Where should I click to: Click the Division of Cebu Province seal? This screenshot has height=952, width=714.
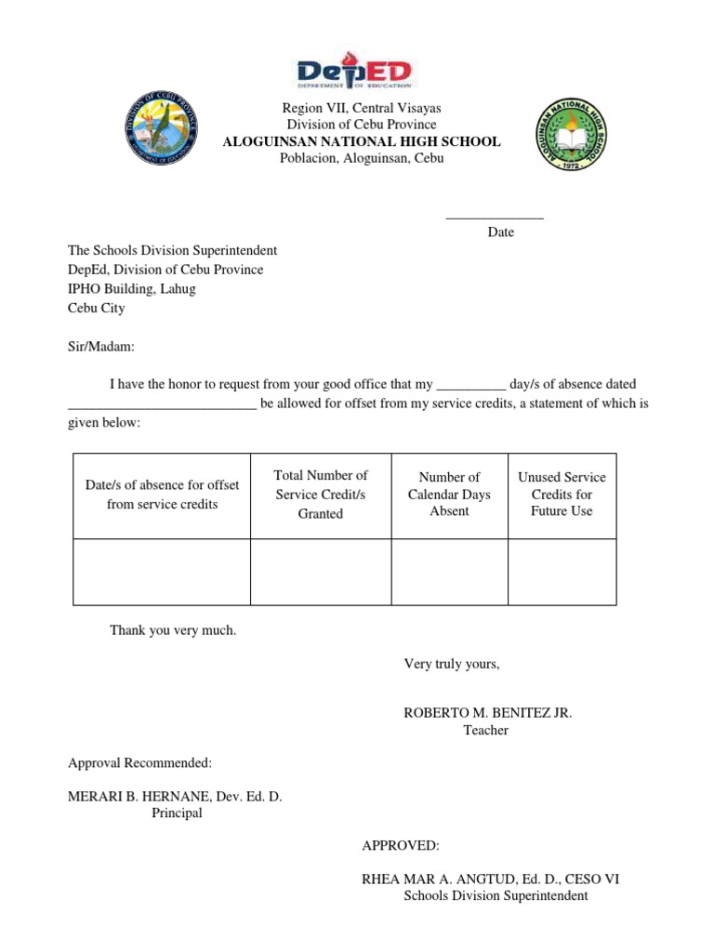(162, 128)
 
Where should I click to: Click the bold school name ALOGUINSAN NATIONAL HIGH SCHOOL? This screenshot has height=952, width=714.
(362, 141)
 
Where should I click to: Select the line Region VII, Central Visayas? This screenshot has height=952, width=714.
(362, 108)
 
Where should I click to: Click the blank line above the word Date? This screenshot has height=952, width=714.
(495, 218)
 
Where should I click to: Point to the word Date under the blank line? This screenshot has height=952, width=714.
(500, 232)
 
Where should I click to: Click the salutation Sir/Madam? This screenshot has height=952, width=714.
(101, 347)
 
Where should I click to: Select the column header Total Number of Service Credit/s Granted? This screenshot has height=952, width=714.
(321, 495)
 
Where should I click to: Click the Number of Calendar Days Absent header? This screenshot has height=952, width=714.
(449, 495)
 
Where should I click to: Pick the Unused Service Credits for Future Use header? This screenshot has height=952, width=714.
(562, 495)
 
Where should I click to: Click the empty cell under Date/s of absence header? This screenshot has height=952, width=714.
(162, 572)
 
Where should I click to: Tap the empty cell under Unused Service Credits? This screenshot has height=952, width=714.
(562, 572)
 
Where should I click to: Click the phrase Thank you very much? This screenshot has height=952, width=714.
(173, 630)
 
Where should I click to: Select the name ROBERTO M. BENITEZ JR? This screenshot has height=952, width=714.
(487, 713)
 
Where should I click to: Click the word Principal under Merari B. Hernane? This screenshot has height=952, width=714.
(177, 813)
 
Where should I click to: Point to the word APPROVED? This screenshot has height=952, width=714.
(401, 846)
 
